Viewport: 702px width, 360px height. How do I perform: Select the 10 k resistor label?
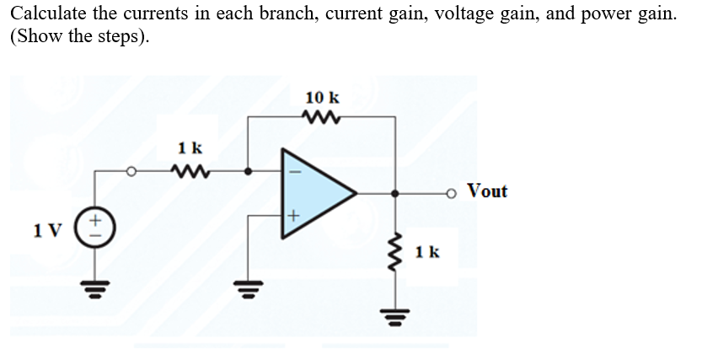click(x=322, y=97)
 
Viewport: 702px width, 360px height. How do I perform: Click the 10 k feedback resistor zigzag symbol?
click(x=322, y=117)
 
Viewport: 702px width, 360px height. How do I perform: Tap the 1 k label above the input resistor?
click(x=190, y=148)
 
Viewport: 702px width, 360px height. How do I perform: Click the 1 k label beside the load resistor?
click(x=428, y=252)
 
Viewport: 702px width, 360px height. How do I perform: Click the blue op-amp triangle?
click(x=316, y=191)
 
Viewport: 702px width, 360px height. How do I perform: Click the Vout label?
click(x=487, y=191)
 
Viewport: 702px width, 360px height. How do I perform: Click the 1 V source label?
click(x=45, y=229)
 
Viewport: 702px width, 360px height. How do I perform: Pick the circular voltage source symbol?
click(x=95, y=228)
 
